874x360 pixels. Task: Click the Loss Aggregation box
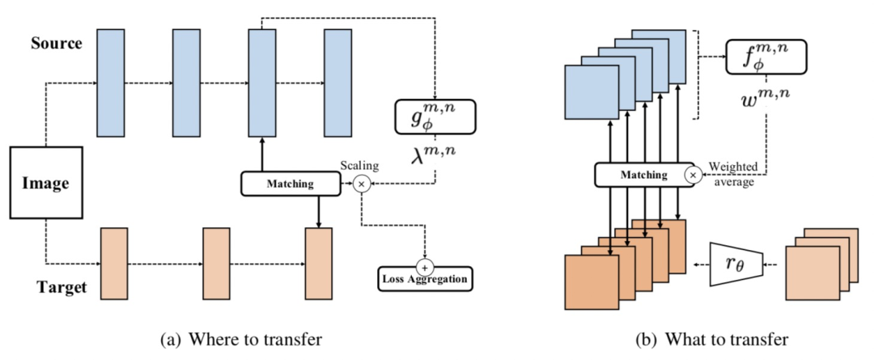pyautogui.click(x=425, y=280)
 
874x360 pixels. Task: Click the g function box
pyautogui.click(x=434, y=116)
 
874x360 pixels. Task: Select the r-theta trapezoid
pyautogui.click(x=732, y=263)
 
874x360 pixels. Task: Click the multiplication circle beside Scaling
pyautogui.click(x=362, y=184)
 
